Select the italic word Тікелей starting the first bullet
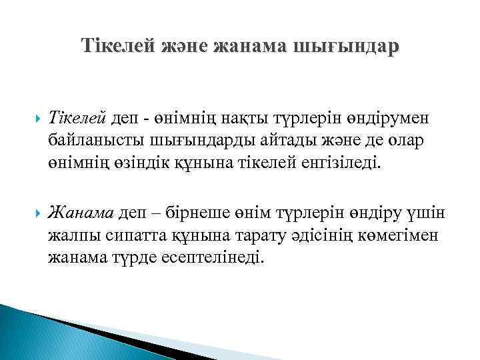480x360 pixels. tap(78, 118)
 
